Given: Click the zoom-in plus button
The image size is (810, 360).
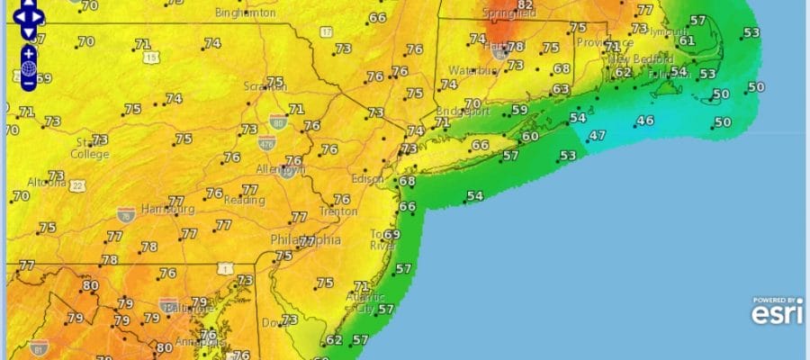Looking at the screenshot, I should [30, 53].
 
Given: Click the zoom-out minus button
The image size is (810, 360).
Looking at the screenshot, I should [30, 83].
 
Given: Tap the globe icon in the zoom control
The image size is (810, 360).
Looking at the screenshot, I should [30, 68].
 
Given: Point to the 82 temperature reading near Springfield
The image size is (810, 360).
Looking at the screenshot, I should [526, 6].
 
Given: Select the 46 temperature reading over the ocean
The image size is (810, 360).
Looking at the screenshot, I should [645, 121].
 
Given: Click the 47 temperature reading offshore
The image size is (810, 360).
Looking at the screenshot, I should [597, 136].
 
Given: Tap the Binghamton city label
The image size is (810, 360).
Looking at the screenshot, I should [246, 13].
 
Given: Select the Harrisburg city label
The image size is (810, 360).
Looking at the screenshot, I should [168, 209].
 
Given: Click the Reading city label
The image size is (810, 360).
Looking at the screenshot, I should [244, 200].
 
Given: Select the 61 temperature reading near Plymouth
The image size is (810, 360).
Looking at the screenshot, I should [687, 40].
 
